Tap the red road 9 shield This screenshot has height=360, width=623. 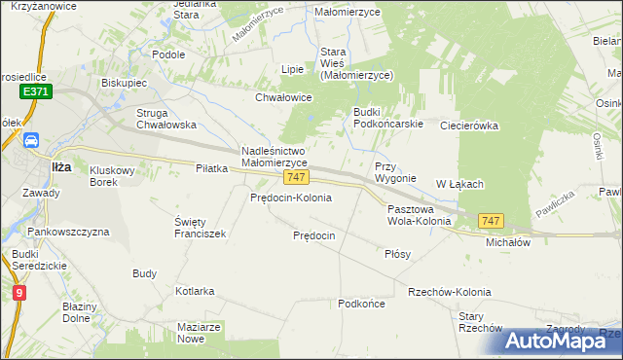click(x=19, y=291)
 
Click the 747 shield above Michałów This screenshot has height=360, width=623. click(x=492, y=222)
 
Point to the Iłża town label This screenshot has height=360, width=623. click(x=61, y=166)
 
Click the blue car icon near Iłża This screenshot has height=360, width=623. click(x=31, y=140)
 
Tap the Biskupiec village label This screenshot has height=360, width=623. click(x=124, y=83)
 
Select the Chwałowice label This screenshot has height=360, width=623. click(x=282, y=97)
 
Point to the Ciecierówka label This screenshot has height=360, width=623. click(x=468, y=126)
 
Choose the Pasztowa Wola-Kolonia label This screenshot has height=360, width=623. click(x=419, y=215)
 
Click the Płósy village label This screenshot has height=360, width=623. click(x=397, y=253)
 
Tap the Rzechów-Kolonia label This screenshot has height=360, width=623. click(x=450, y=292)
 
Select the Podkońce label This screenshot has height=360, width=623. click(x=361, y=304)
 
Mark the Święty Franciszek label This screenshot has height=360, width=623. click(x=200, y=228)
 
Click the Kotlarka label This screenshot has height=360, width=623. click(x=195, y=291)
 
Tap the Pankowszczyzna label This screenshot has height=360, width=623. click(x=68, y=233)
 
